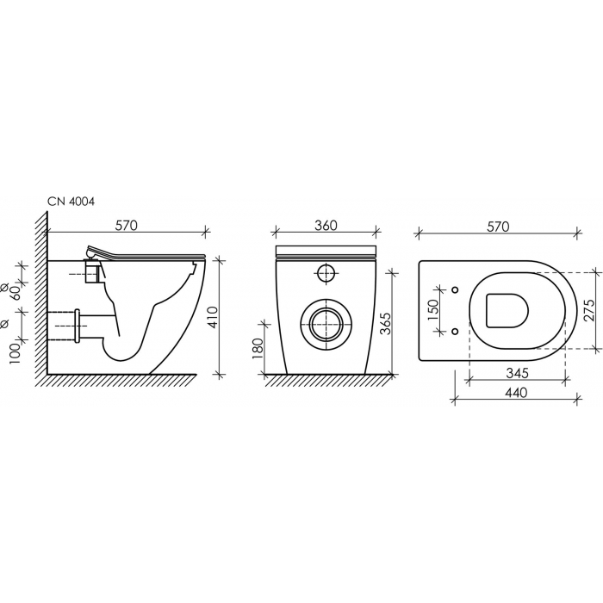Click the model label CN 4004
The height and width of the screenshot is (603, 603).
click(71, 201)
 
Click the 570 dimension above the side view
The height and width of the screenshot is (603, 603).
click(126, 226)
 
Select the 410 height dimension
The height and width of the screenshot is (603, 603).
click(212, 317)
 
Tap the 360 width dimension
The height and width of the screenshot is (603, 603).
click(326, 226)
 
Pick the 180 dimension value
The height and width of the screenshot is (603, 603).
click(258, 349)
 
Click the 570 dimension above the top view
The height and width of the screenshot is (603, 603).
click(498, 227)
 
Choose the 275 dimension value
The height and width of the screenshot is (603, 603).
click(588, 310)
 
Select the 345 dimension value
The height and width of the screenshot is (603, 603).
click(517, 373)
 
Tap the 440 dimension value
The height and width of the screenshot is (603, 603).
click(516, 393)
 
